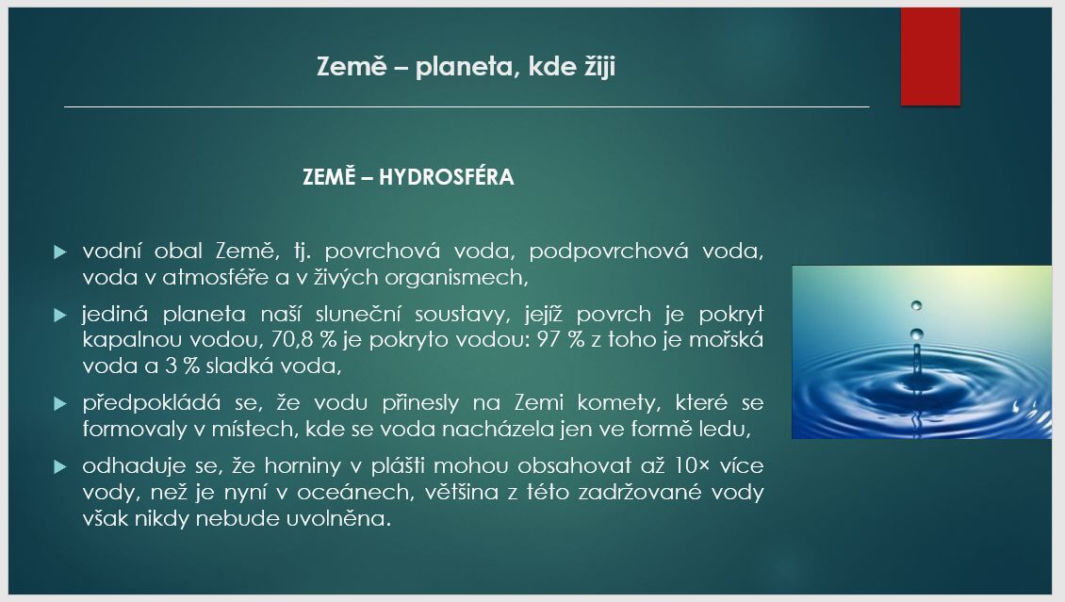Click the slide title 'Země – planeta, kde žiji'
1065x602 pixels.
(467, 68)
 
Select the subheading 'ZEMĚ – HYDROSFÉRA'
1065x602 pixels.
(408, 177)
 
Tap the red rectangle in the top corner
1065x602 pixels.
(930, 57)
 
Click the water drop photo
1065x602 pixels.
(921, 351)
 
